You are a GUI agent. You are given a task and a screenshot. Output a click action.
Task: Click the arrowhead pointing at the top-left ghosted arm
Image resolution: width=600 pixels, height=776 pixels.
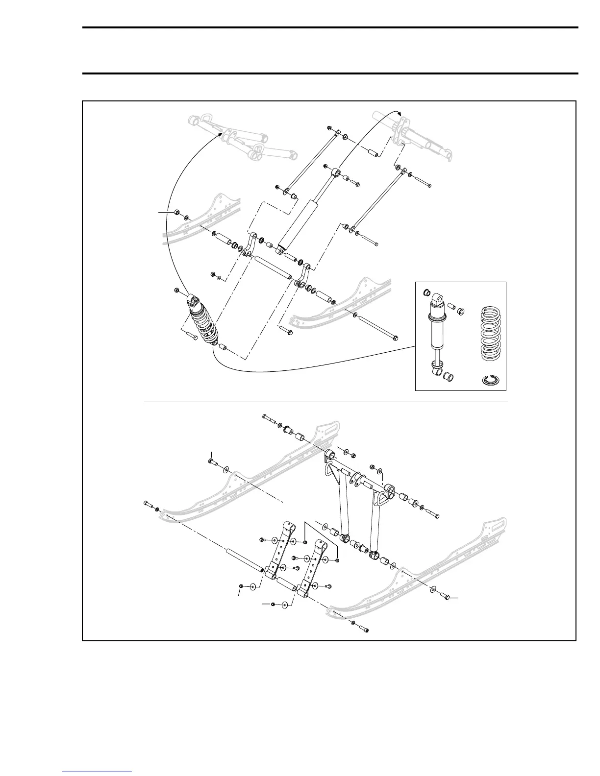222,133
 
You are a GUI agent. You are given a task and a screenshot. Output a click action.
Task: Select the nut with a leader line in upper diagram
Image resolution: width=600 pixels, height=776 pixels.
177,213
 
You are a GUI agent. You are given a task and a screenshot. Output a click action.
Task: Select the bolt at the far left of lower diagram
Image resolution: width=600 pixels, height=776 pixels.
148,505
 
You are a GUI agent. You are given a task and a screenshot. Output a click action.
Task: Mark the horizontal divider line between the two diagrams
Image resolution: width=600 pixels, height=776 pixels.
325,402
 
